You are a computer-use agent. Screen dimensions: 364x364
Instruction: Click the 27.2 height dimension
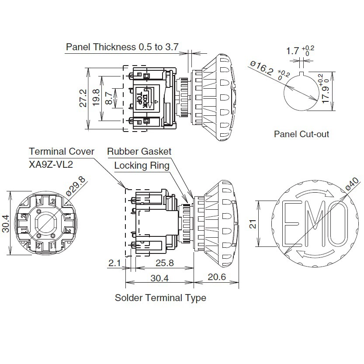point(83,98)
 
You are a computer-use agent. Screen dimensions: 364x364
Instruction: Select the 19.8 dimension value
point(96,98)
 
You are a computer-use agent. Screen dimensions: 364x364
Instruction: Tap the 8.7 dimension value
point(109,98)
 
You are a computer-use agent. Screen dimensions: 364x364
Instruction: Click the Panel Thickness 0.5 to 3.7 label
point(122,47)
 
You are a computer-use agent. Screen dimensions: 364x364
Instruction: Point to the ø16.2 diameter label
point(262,68)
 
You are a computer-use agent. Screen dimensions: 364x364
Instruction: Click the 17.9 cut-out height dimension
point(326,94)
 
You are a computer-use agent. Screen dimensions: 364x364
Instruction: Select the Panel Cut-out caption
point(302,134)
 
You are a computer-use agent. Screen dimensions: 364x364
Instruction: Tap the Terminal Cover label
point(62,151)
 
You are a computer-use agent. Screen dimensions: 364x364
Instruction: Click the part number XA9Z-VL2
point(51,164)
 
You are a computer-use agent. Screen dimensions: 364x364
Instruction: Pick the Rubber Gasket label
point(139,151)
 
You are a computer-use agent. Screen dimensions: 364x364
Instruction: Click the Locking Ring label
point(142,166)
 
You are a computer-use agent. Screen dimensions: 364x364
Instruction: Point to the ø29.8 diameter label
point(76,186)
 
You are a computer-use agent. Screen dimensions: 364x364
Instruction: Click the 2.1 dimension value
point(114,263)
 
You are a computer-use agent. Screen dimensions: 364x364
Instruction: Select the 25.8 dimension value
point(165,263)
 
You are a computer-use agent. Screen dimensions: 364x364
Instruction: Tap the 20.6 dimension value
point(217,277)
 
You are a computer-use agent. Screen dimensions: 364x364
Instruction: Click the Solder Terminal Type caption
point(160,298)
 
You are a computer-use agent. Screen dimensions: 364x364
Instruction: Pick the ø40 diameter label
point(352,184)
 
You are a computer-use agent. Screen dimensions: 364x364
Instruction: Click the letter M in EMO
point(315,224)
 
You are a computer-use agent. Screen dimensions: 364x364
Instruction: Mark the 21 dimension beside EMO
point(253,224)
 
